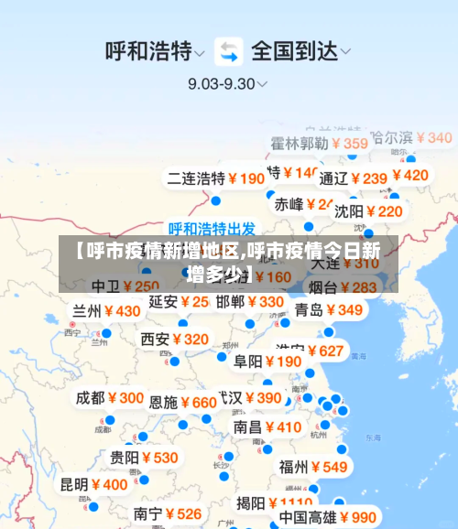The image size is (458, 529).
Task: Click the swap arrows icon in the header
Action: click(x=229, y=50)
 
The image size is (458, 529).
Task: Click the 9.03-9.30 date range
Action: click(x=227, y=82)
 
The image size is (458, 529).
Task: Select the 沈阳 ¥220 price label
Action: click(x=368, y=211)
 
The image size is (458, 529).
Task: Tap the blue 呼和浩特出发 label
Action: click(x=212, y=229)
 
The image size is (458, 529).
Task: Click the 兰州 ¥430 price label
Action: click(x=107, y=310)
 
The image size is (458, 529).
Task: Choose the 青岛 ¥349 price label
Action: click(x=329, y=309)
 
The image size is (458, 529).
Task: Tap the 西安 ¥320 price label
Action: click(x=175, y=339)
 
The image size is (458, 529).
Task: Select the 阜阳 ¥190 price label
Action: click(x=267, y=361)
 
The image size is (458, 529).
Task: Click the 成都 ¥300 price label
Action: click(x=110, y=397)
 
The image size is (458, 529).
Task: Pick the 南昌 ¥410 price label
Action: click(x=267, y=426)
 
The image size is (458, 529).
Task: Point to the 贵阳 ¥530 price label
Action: click(x=145, y=457)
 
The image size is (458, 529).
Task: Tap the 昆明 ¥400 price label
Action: click(x=94, y=484)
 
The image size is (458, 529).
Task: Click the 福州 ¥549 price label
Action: click(x=314, y=466)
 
